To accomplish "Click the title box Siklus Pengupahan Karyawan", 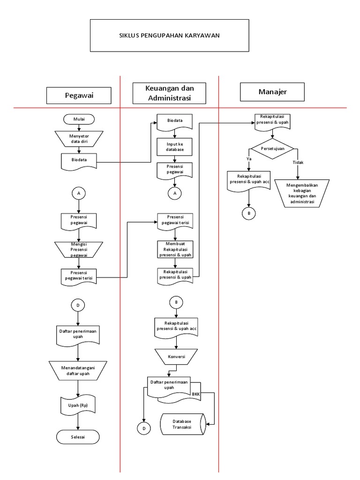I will pos(169,35).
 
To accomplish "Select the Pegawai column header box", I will pos(79,96).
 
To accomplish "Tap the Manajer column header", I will pos(272,92).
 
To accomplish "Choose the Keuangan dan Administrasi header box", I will pos(170,93).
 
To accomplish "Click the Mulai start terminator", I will pos(79,119).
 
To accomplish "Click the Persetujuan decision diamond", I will pos(272,149).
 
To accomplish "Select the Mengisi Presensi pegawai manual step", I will pos(79,249).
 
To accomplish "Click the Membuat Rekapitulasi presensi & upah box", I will pos(175,250).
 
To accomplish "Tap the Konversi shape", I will pos(175,356).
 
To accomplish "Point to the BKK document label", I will pos(195,394).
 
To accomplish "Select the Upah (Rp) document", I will pos(78,405).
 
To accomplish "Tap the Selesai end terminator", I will pos(78,437).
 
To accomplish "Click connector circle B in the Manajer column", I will pos(248,213).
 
